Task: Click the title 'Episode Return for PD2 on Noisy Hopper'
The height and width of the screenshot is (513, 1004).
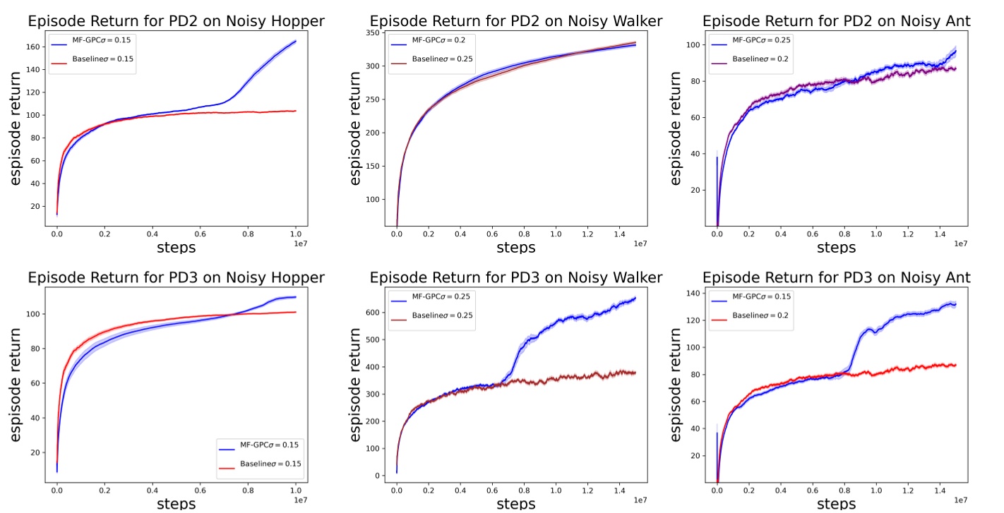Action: [176, 21]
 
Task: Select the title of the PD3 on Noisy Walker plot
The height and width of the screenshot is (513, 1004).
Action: [515, 277]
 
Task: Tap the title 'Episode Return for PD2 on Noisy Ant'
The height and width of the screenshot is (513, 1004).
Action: [836, 21]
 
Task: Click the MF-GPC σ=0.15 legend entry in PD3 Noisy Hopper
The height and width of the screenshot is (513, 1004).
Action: [259, 445]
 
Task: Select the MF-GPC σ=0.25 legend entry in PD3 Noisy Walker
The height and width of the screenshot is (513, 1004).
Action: [432, 301]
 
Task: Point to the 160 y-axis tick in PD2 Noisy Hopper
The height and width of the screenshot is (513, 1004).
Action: [37, 47]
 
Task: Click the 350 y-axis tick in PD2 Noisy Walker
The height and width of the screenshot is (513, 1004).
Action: [373, 32]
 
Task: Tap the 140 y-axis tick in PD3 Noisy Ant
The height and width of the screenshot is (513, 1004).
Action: [695, 294]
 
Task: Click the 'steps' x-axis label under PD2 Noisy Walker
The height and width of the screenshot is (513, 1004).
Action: [515, 248]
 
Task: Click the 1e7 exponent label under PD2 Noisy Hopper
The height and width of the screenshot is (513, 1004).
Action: [299, 243]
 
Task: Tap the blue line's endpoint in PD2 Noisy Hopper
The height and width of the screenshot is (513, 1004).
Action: [295, 41]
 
